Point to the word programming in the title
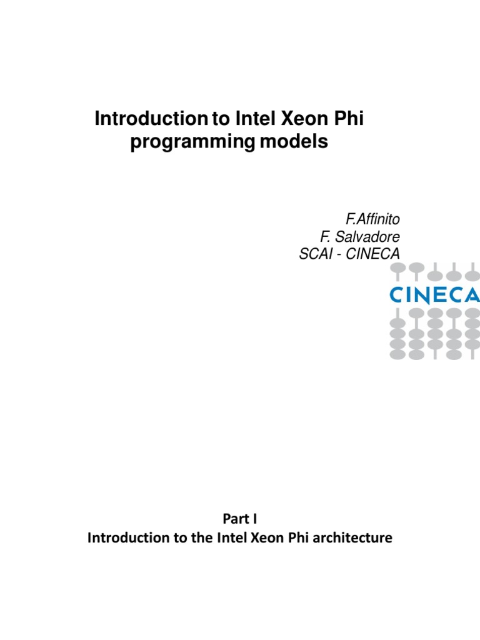192,142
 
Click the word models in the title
293,142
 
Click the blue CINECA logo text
434,295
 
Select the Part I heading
239,518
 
